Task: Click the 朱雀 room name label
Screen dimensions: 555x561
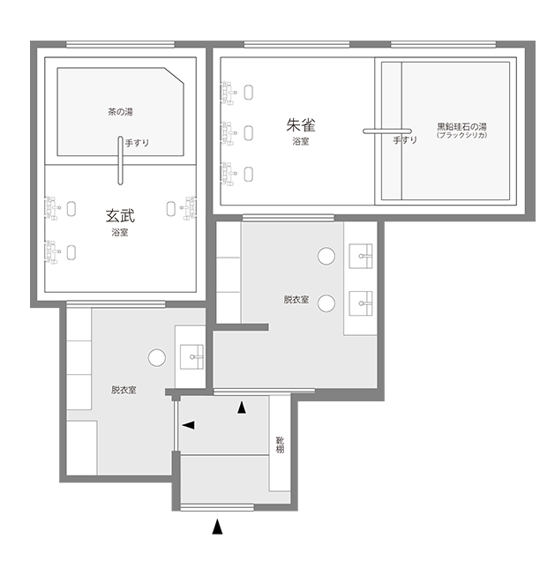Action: [x=301, y=125]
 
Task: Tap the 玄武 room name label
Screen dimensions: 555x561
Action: [x=120, y=216]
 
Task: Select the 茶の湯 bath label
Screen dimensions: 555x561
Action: [x=120, y=112]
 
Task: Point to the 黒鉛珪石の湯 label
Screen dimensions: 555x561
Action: [x=461, y=127]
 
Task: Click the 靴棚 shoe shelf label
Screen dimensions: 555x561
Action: [x=280, y=445]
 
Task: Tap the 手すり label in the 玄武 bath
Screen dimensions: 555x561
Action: [x=137, y=143]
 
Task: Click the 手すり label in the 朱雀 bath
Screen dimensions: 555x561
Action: [x=405, y=140]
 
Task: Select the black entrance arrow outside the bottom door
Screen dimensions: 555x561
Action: [x=217, y=527]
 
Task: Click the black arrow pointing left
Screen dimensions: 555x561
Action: [x=189, y=425]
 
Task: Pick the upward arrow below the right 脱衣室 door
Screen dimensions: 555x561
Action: [x=242, y=408]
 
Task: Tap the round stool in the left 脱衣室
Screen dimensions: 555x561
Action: [x=157, y=358]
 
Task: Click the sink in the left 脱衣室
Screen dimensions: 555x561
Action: [x=191, y=356]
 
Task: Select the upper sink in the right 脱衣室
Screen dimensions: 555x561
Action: [x=361, y=256]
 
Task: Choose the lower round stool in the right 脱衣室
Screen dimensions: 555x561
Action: [x=326, y=303]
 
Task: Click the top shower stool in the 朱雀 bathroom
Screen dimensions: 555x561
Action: [x=248, y=93]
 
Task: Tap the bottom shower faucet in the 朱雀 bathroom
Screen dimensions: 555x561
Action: [x=229, y=174]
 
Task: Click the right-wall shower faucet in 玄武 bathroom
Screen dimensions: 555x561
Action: [x=188, y=208]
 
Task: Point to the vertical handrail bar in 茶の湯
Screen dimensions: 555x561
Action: [x=120, y=161]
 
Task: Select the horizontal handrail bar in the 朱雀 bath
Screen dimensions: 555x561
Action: [x=387, y=131]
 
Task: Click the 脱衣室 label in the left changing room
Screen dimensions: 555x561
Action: [x=124, y=390]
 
